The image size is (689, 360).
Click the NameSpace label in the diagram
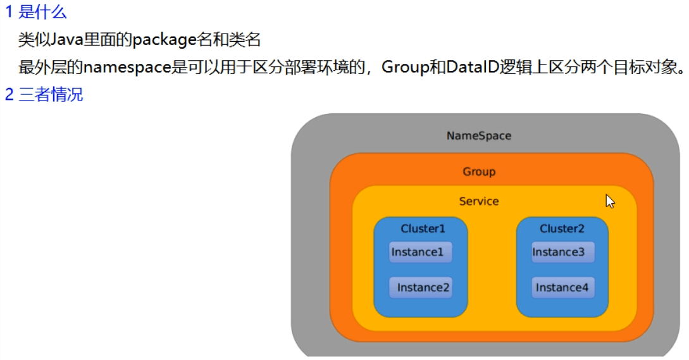click(479, 136)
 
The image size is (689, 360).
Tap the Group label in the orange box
click(479, 172)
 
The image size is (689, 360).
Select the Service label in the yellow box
click(479, 201)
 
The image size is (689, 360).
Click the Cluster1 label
click(423, 228)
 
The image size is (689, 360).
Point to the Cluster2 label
click(562, 228)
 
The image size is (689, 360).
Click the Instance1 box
click(420, 252)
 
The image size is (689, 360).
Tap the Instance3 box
click(562, 252)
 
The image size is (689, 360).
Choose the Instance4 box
click(562, 288)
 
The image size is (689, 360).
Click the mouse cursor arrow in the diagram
click(609, 201)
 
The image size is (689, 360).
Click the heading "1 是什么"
click(35, 12)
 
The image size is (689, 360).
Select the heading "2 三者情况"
click(44, 95)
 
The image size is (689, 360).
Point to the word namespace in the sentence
click(127, 67)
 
